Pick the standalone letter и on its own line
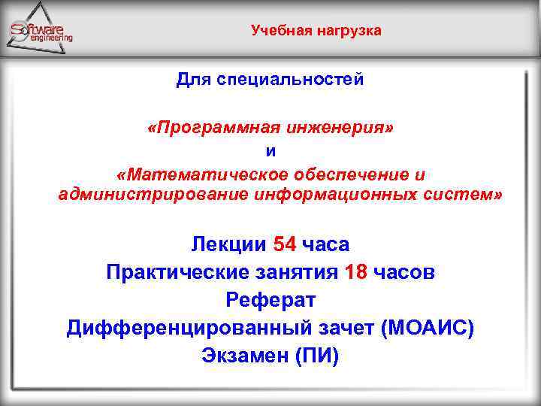(x=271, y=151)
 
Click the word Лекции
(x=229, y=244)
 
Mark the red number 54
(x=285, y=244)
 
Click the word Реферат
(x=270, y=300)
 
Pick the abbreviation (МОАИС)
(x=428, y=328)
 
